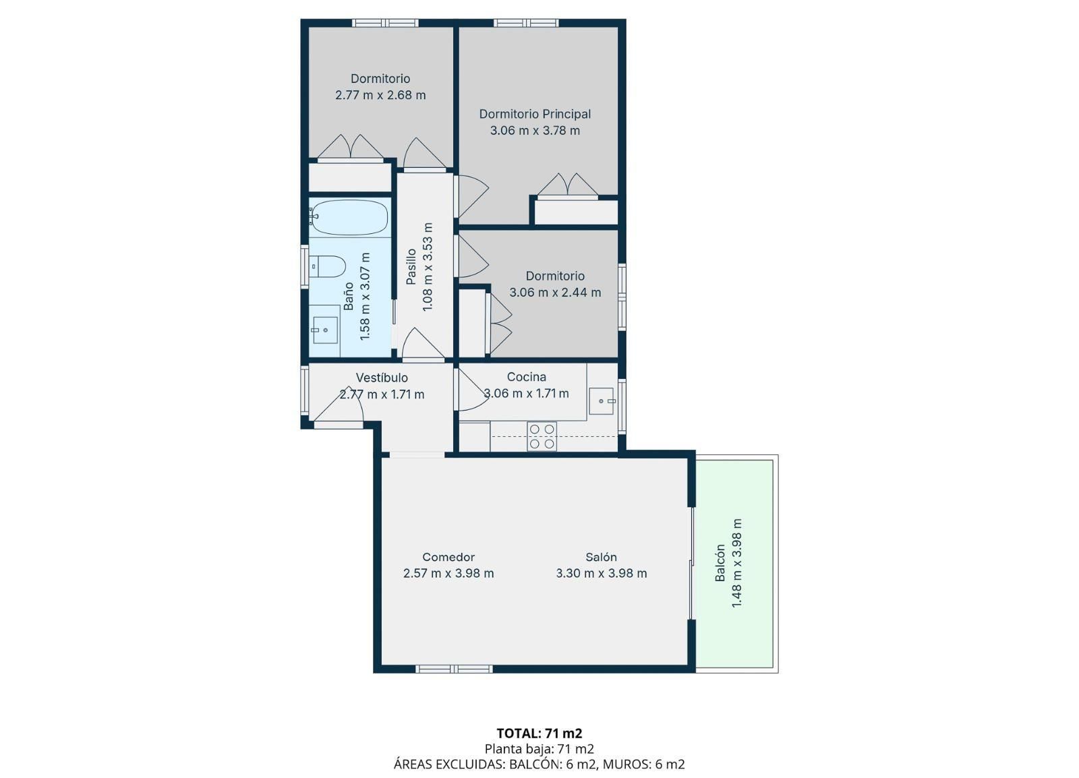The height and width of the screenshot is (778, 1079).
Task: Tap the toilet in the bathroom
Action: click(x=328, y=266)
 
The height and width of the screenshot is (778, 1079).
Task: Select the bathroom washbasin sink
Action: click(x=325, y=330)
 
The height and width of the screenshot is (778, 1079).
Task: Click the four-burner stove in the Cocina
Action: click(x=542, y=436)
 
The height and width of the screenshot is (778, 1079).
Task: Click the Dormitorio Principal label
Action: click(x=535, y=114)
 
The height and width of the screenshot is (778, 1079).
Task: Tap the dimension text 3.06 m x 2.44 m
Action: click(x=555, y=292)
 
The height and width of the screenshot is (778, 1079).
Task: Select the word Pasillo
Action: click(x=411, y=267)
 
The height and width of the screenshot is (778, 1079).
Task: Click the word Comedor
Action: click(x=448, y=557)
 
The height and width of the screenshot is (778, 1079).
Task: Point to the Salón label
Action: click(x=601, y=557)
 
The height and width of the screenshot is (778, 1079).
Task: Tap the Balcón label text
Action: click(x=720, y=563)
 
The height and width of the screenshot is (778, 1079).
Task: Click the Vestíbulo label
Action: click(x=382, y=378)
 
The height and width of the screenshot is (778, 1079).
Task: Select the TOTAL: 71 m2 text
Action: click(x=539, y=734)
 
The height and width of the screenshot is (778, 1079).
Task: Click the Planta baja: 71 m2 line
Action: click(x=539, y=748)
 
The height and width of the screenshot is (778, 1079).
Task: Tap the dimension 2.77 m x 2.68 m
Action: click(x=380, y=95)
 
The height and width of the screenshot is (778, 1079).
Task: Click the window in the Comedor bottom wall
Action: click(x=454, y=669)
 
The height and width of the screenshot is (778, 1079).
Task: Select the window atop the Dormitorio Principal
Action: click(x=526, y=23)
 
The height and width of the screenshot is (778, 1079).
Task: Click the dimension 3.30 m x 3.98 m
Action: click(x=601, y=574)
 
